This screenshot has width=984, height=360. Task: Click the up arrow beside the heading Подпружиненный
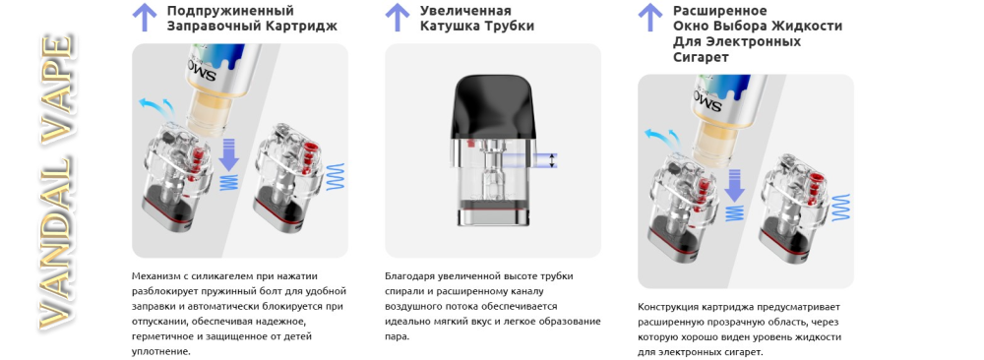(145, 17)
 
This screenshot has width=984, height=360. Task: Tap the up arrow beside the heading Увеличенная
(398, 17)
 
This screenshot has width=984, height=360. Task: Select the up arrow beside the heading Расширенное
(650, 17)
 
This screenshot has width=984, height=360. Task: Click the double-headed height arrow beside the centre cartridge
(552, 160)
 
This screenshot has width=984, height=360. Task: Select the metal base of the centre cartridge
(493, 214)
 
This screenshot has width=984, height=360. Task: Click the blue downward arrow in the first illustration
(229, 155)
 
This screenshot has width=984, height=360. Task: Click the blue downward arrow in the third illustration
(734, 186)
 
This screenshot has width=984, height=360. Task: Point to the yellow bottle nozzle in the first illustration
(206, 113)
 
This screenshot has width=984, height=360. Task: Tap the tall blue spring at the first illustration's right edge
(337, 177)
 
